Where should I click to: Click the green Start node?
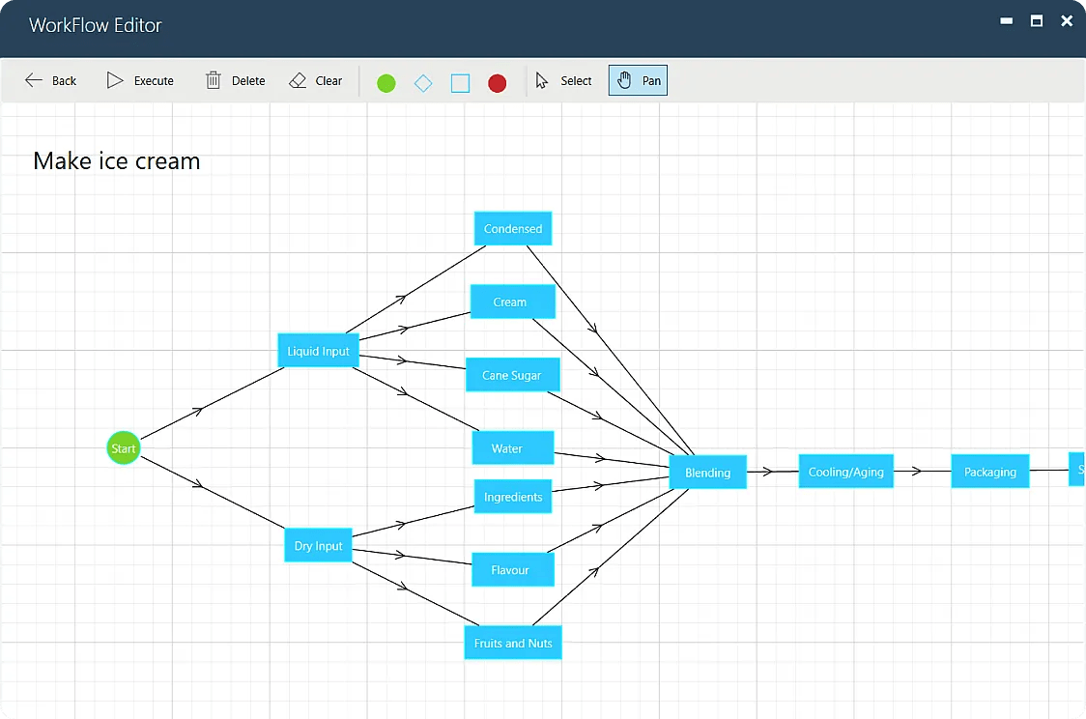click(x=123, y=448)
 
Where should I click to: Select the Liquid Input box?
click(x=318, y=351)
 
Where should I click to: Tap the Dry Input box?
click(x=318, y=546)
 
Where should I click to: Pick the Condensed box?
click(x=512, y=229)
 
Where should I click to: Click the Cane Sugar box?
click(x=512, y=375)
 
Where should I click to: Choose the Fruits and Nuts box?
click(x=512, y=643)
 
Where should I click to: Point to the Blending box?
click(x=707, y=473)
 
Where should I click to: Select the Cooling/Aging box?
click(x=845, y=472)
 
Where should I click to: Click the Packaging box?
click(x=989, y=472)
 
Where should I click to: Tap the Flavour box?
click(x=512, y=570)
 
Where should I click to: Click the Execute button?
click(x=140, y=81)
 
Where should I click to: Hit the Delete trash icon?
click(x=214, y=81)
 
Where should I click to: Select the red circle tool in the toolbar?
click(x=497, y=83)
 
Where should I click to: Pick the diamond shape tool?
click(x=422, y=83)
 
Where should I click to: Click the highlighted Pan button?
click(x=638, y=81)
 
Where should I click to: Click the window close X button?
click(x=1067, y=21)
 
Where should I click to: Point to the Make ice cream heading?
click(x=116, y=160)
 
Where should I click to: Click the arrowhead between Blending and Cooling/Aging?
click(x=768, y=472)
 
